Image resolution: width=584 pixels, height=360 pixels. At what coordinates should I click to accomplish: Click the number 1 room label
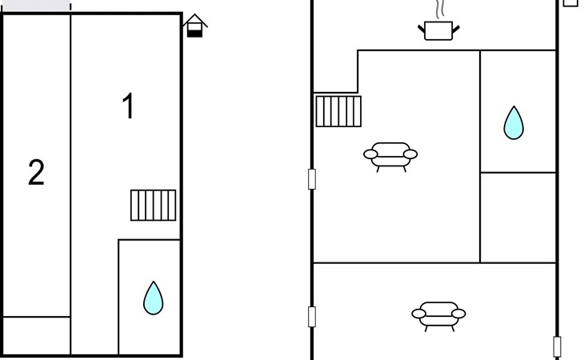coord(128,106)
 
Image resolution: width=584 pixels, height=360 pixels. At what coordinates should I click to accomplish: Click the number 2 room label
coord(36,172)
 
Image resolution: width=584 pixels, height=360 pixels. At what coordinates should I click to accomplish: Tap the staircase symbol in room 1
coord(153,205)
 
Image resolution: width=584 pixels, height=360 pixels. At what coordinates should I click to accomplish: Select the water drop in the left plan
coord(153,298)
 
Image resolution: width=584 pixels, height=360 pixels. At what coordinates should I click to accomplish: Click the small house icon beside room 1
coord(194,26)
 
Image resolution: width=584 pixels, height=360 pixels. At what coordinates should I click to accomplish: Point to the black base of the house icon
coord(194,34)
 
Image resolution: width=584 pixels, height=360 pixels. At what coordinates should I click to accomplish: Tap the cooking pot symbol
coord(438,30)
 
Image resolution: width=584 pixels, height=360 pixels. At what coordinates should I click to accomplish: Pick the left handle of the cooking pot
coord(422,29)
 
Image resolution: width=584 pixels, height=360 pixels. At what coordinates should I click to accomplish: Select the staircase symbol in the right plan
coord(338,111)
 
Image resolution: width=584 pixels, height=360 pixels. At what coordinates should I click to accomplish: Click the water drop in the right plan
coord(514,123)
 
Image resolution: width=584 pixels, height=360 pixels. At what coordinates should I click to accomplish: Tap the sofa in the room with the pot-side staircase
coord(390,157)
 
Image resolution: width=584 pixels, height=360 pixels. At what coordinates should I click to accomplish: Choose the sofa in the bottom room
coord(438,316)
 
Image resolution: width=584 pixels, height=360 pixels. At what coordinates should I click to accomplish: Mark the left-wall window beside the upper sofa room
coord(312,179)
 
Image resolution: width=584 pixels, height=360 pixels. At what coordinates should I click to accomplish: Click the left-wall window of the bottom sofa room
coord(312,317)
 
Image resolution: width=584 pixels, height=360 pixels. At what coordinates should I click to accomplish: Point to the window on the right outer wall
coord(557,347)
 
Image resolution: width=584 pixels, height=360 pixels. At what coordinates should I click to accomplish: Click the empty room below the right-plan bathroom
coord(518,218)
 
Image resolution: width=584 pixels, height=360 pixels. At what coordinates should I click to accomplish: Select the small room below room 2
coord(37,336)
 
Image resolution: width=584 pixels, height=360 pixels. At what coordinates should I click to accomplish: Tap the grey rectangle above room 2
coord(36,6)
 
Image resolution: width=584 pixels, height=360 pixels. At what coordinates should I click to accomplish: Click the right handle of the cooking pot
coord(456,29)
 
